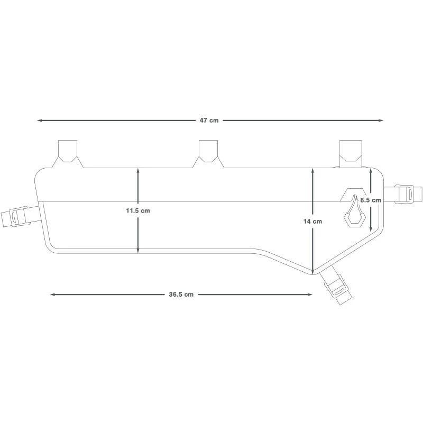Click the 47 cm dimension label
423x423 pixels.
(209, 121)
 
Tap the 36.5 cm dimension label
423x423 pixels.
(181, 295)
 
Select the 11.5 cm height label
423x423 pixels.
(138, 210)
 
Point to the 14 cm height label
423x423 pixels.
(312, 221)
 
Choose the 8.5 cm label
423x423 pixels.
(371, 200)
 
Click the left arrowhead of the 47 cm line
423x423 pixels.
(40, 121)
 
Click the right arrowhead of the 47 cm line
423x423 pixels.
(380, 121)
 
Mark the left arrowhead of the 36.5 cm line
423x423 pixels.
(53, 295)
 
